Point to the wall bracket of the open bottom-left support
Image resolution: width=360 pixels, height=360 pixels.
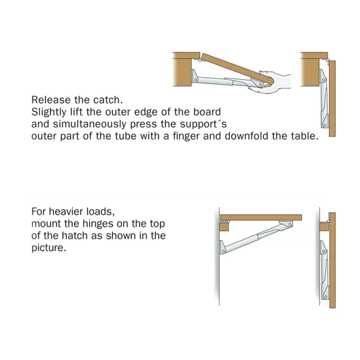(x=222, y=248)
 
